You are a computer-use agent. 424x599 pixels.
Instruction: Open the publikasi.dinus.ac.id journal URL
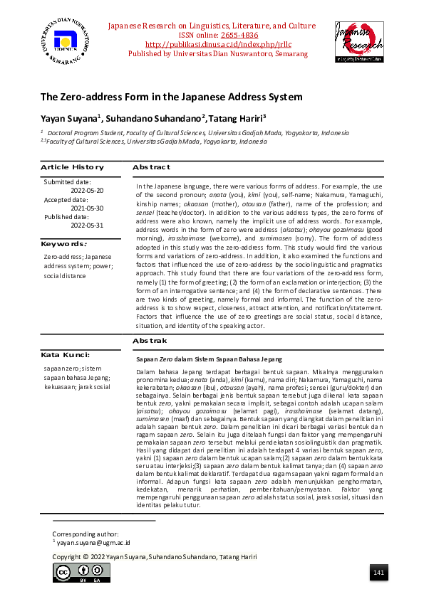(212, 44)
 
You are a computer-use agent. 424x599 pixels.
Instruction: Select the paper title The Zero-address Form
(171, 97)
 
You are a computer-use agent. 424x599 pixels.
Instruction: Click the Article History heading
(72, 167)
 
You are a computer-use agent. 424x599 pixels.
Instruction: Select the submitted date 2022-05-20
(87, 191)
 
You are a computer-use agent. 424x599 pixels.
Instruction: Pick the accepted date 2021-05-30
(87, 208)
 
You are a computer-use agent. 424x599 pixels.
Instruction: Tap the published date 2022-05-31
(87, 225)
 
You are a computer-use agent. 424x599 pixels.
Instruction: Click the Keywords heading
(64, 244)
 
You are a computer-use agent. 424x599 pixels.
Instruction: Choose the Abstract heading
(151, 167)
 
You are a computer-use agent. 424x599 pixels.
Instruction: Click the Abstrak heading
(150, 342)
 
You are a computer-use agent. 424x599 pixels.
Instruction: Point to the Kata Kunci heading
(65, 354)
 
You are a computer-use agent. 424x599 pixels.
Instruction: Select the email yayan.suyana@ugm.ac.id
(93, 542)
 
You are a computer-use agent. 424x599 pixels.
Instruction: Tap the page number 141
(378, 573)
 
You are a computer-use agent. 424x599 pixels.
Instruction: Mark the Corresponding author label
(86, 534)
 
